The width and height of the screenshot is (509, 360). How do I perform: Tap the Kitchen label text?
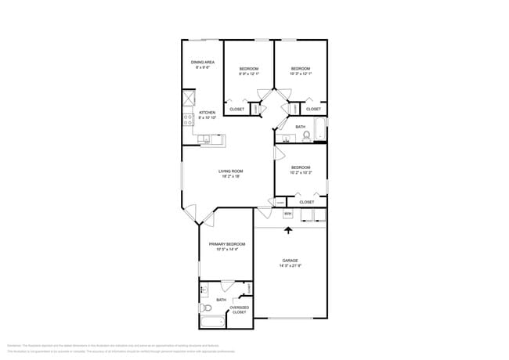coord(207,113)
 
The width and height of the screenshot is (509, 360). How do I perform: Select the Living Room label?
coord(230,171)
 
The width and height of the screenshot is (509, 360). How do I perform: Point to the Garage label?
coord(290,261)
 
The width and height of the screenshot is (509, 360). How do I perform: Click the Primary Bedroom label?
coord(226,244)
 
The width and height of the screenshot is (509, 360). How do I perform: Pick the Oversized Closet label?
coord(240,309)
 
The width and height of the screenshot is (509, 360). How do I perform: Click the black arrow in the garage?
coord(290,230)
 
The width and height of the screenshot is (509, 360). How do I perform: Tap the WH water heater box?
coord(287,213)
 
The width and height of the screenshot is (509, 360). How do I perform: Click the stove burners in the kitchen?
coord(188,120)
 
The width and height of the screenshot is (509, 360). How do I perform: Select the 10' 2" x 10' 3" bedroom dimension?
coord(301,173)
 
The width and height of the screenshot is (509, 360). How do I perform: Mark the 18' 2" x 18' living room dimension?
coord(230,177)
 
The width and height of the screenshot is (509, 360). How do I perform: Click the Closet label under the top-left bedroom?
coord(236,109)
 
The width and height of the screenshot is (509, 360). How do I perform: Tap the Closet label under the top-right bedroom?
coord(312,109)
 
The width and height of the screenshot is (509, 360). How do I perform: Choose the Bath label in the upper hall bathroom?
coord(301,127)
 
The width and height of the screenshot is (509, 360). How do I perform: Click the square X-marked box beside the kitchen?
coord(188,100)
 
